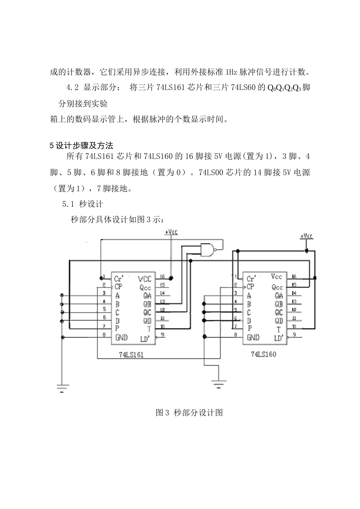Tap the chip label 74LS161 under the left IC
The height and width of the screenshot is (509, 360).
pyautogui.click(x=131, y=355)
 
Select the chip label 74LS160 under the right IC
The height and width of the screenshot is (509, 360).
pyautogui.click(x=263, y=354)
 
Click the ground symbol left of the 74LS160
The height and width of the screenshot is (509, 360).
pyautogui.click(x=218, y=384)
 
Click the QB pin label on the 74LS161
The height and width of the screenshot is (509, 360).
pyautogui.click(x=147, y=304)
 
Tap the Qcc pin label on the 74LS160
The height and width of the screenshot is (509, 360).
pyautogui.click(x=277, y=287)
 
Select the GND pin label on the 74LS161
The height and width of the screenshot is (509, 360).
pyautogui.click(x=121, y=337)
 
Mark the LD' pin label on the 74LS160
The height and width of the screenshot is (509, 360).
pyautogui.click(x=279, y=338)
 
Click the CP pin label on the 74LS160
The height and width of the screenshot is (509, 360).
pyautogui.click(x=250, y=287)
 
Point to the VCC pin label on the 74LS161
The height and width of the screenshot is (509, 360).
pyautogui.click(x=144, y=279)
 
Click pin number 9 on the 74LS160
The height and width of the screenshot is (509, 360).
pyautogui.click(x=294, y=335)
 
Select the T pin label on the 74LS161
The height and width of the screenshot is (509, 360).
pyautogui.click(x=149, y=329)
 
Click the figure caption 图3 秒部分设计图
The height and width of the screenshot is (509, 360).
pyautogui.click(x=189, y=413)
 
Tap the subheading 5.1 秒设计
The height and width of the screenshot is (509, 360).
pyautogui.click(x=82, y=204)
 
